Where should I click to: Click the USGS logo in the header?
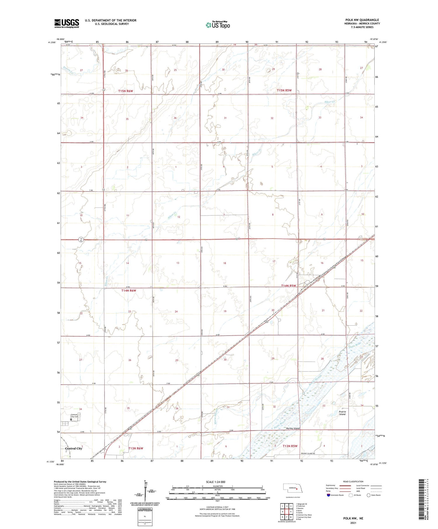pyautogui.click(x=67, y=23)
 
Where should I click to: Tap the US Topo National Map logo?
pyautogui.click(x=218, y=25)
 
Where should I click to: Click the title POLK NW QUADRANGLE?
pyautogui.click(x=362, y=20)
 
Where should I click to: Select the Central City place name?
pyautogui.click(x=74, y=448)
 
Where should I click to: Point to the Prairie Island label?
pyautogui.click(x=342, y=413)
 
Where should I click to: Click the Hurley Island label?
pyautogui.click(x=293, y=428)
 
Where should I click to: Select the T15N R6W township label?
pyautogui.click(x=126, y=91)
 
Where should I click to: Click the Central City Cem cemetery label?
pyautogui.click(x=75, y=415)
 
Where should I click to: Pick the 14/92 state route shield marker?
pyautogui.click(x=81, y=240)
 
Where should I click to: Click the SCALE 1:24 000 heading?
pyautogui.click(x=215, y=482)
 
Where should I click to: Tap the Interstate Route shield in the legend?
pyautogui.click(x=328, y=495)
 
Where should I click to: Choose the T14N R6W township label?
pyautogui.click(x=129, y=291)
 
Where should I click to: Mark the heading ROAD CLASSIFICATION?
pyautogui.click(x=353, y=481)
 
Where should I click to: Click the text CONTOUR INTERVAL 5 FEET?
pyautogui.click(x=217, y=507)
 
